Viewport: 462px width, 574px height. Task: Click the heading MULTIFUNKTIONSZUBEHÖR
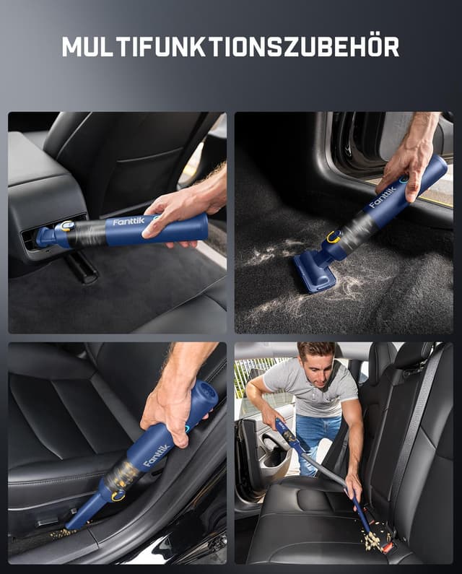[x=230, y=46]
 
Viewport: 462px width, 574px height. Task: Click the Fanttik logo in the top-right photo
[x=383, y=194]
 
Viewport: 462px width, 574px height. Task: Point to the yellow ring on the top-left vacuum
[x=67, y=226]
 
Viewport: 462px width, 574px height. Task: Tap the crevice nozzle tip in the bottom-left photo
[x=72, y=523]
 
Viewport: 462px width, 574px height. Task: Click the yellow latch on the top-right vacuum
[x=334, y=236]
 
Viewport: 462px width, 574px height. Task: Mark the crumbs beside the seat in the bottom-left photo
[x=61, y=534]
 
